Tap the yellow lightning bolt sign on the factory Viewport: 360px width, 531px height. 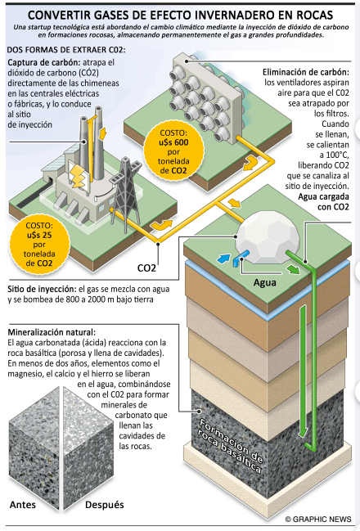(x=79, y=176)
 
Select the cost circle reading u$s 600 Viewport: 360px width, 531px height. (x=173, y=151)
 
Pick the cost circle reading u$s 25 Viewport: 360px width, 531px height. (x=39, y=245)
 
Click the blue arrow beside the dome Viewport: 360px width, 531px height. (x=223, y=259)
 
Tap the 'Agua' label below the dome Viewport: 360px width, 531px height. (x=265, y=282)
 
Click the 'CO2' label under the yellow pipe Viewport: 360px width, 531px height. (x=146, y=268)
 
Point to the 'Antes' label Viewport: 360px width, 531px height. (x=23, y=505)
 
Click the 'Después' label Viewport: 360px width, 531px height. (x=104, y=505)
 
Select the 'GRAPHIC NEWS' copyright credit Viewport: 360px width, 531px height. (x=318, y=520)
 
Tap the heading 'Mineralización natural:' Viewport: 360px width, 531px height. (x=52, y=332)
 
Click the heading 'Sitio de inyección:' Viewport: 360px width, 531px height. (x=42, y=289)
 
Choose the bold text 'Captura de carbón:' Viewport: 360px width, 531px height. (x=43, y=63)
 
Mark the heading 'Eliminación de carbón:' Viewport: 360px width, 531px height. (x=306, y=72)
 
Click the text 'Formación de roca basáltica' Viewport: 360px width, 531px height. (x=231, y=445)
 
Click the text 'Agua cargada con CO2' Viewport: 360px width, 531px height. (x=323, y=202)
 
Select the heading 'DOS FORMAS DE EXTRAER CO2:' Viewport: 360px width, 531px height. (x=66, y=50)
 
